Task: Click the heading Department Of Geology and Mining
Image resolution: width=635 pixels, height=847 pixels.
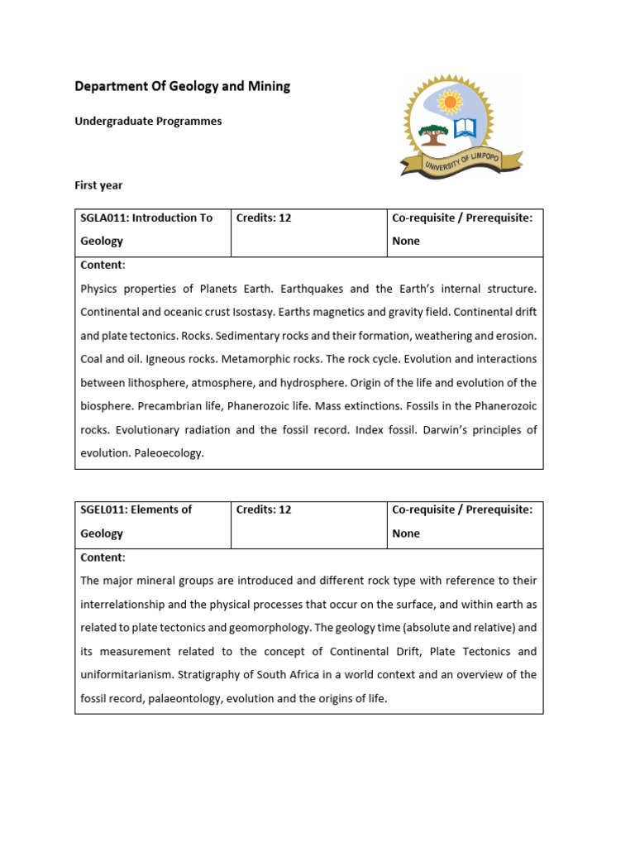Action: [x=182, y=86]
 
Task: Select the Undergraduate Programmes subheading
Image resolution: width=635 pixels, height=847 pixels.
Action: [x=148, y=121]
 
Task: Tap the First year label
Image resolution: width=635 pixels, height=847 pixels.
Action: [x=98, y=185]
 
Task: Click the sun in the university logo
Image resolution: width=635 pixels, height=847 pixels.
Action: [x=450, y=103]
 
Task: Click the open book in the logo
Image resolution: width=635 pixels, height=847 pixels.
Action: [x=466, y=130]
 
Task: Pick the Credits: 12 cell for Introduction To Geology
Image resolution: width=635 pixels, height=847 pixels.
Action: [x=264, y=218]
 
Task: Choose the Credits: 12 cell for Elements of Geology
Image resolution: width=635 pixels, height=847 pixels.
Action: [x=264, y=510]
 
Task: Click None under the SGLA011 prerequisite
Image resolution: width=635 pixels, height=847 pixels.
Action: [x=406, y=241]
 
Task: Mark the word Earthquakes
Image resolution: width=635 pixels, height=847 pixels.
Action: [x=312, y=289]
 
